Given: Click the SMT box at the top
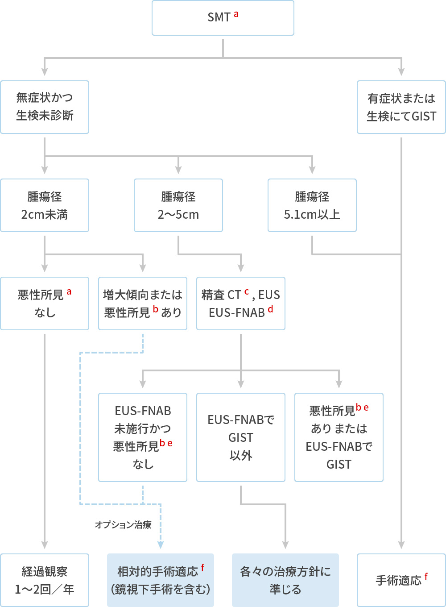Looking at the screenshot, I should pos(223,18).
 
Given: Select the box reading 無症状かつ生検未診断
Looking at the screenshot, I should pos(45,107).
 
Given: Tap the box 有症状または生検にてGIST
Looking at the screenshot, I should pos(401,107).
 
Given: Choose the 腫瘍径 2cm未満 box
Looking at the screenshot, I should pos(45,205).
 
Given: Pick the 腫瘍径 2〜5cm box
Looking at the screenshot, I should pos(178,205).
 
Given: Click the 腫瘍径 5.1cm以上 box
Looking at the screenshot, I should pos(312,205).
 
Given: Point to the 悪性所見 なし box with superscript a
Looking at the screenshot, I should pos(45,303).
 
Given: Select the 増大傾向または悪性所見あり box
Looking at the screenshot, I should pos(142,303).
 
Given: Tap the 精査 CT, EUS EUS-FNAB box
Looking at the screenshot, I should pos(240,303).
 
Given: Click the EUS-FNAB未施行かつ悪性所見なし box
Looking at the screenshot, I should pos(142,437).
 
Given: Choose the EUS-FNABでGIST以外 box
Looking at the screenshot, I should pos(240,437).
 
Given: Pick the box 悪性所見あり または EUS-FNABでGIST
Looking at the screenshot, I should pos(339,437).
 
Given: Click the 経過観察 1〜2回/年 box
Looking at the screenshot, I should pos(45,580).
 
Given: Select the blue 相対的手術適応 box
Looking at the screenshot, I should pos(160,580).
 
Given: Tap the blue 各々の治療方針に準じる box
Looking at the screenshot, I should pos(285,580).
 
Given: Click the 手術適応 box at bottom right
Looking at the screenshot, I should pos(401,580).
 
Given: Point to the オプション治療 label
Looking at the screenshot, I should pos(123,525).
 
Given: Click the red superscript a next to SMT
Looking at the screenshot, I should pos(236,14).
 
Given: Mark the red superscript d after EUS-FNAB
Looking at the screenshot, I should pos(270,309).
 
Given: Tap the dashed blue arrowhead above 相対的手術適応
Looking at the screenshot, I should pos(161,545).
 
